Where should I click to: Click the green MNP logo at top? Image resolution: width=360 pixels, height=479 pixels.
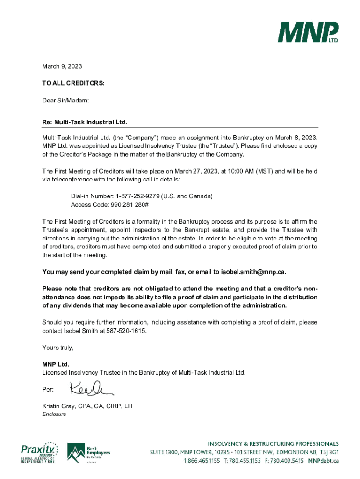[309, 33]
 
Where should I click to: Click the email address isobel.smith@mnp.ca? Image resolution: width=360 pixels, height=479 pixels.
[256, 272]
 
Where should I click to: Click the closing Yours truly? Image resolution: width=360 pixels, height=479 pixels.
[58, 348]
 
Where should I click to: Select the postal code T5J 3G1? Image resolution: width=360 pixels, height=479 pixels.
[327, 452]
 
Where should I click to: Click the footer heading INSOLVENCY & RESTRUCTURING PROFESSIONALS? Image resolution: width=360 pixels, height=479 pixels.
[273, 443]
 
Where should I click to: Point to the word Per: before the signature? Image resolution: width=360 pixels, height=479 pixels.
[48, 389]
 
